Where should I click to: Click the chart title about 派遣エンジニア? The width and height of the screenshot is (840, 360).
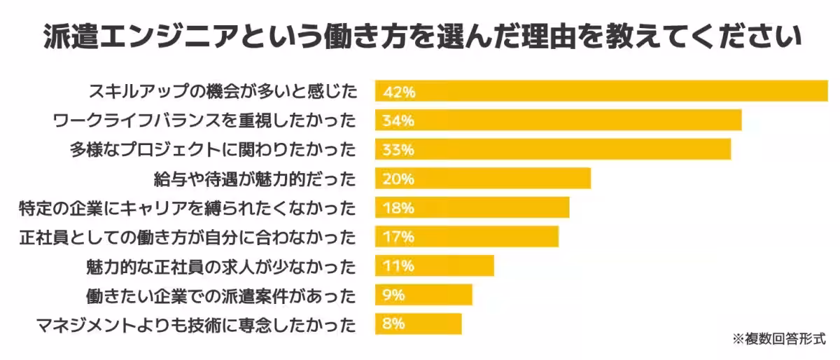click(421, 36)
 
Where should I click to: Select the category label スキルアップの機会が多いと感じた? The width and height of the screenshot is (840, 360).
click(223, 91)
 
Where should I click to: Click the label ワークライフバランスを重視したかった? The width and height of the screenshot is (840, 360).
click(205, 120)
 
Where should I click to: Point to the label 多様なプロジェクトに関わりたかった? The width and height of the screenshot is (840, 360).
click(213, 150)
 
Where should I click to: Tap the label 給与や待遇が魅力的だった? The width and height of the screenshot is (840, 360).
click(255, 179)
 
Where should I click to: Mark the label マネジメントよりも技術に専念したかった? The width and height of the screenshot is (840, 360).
click(195, 324)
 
